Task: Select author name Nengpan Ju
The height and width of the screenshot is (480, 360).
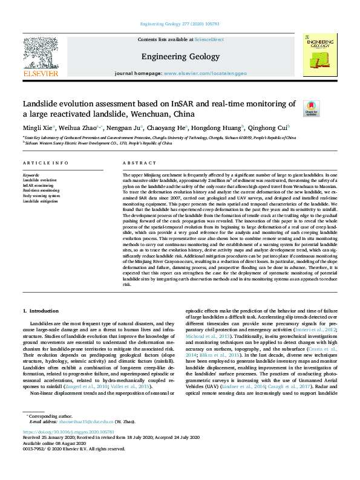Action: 123,128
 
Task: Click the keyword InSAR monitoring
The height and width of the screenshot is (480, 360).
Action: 38,185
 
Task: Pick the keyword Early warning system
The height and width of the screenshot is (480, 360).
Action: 41,196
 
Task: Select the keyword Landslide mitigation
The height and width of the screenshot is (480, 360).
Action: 41,201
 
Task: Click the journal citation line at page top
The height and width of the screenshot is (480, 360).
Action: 180,25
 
